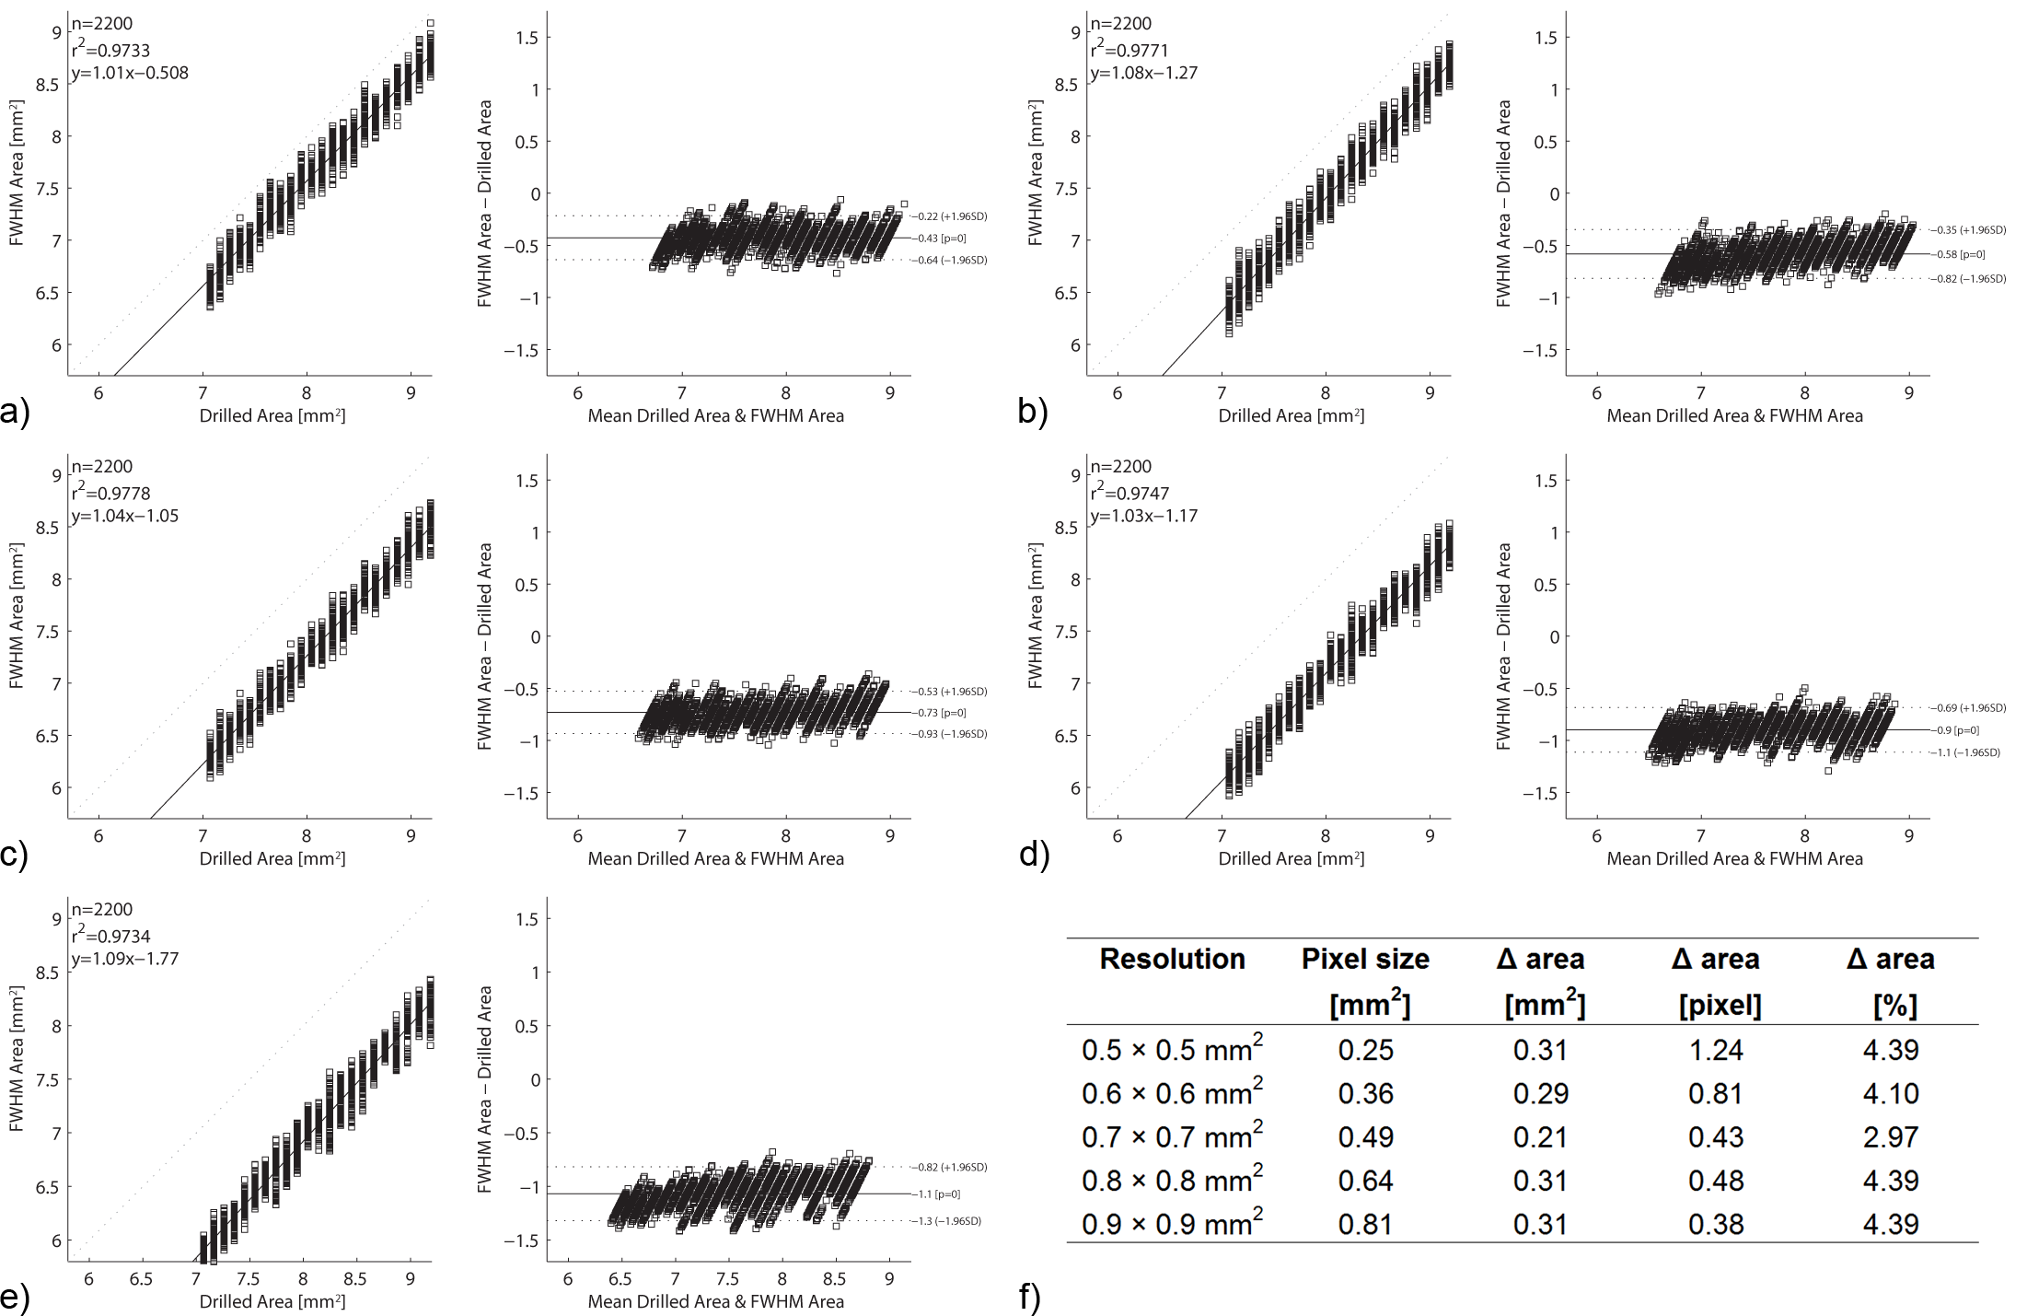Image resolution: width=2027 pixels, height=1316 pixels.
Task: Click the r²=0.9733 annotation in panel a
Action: [110, 51]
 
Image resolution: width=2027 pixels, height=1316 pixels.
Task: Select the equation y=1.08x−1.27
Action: [1144, 73]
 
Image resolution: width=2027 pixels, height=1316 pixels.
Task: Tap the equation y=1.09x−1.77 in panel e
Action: [125, 959]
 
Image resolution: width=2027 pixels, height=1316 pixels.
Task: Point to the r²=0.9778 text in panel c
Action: [110, 494]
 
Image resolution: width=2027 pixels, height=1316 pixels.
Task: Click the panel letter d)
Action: [1034, 855]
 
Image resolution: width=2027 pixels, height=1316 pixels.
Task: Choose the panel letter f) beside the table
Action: [1030, 1297]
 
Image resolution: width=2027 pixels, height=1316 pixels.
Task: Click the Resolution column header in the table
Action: [1172, 960]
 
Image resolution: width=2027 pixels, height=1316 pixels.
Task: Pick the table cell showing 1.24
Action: [1716, 1050]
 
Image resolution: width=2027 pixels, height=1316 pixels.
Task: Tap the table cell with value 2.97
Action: [1891, 1137]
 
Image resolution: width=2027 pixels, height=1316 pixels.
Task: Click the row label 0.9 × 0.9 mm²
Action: [1172, 1224]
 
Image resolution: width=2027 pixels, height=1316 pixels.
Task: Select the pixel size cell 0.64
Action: [1365, 1181]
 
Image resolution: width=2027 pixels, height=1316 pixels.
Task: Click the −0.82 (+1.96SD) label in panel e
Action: [952, 1167]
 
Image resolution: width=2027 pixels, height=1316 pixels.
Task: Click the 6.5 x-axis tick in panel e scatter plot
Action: [141, 1279]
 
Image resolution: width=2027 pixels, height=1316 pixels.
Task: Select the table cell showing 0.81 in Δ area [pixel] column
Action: [1716, 1094]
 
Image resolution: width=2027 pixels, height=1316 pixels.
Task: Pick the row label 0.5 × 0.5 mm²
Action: [1172, 1050]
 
